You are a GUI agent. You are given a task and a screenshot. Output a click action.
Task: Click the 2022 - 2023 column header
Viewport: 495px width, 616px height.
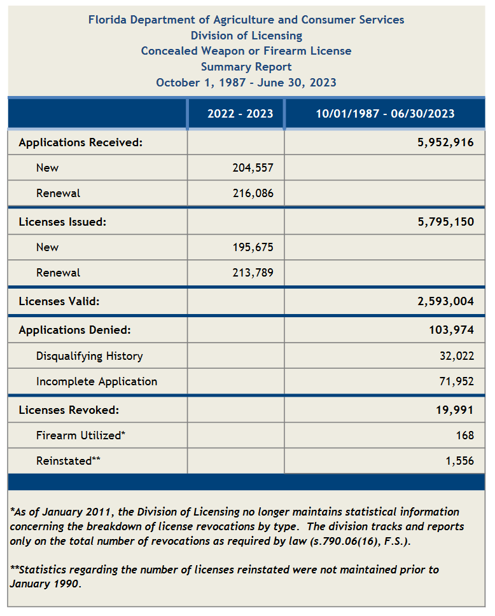pyautogui.click(x=240, y=114)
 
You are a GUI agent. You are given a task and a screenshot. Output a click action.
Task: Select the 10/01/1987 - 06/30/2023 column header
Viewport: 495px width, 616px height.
pyautogui.click(x=386, y=114)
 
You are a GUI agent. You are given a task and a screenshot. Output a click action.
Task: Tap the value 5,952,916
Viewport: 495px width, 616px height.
pyautogui.click(x=445, y=142)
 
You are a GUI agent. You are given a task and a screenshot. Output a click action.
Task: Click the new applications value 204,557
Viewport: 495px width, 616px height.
pyautogui.click(x=253, y=168)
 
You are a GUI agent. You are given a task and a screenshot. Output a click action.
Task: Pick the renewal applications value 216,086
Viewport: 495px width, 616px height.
pyautogui.click(x=253, y=193)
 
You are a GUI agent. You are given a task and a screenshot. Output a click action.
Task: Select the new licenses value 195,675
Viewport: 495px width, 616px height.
pyautogui.click(x=253, y=247)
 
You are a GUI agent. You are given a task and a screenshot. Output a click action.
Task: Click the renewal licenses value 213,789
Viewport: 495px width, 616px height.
pyautogui.click(x=253, y=273)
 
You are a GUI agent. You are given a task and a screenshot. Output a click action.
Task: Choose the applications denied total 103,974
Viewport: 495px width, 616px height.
pyautogui.click(x=452, y=330)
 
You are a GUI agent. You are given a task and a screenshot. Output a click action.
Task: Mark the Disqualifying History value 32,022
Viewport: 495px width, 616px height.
pyautogui.click(x=456, y=356)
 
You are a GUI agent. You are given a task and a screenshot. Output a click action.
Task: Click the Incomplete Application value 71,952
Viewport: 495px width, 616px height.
pyautogui.click(x=456, y=381)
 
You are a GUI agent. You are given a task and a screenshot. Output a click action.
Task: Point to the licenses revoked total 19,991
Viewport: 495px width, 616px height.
pyautogui.click(x=455, y=410)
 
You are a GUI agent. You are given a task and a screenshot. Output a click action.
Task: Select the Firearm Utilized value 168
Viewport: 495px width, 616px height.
pyautogui.click(x=464, y=435)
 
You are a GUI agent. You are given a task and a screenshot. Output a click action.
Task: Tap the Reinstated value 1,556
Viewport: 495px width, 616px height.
pyautogui.click(x=459, y=461)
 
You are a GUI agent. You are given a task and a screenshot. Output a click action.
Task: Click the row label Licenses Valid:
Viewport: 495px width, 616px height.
pyautogui.click(x=59, y=301)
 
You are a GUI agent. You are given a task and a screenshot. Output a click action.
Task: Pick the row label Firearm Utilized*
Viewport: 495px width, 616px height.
pyautogui.click(x=81, y=435)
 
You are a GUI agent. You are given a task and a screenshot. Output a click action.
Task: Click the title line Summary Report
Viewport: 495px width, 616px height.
pyautogui.click(x=246, y=67)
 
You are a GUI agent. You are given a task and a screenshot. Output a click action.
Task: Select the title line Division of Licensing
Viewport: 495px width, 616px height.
pyautogui.click(x=246, y=36)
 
